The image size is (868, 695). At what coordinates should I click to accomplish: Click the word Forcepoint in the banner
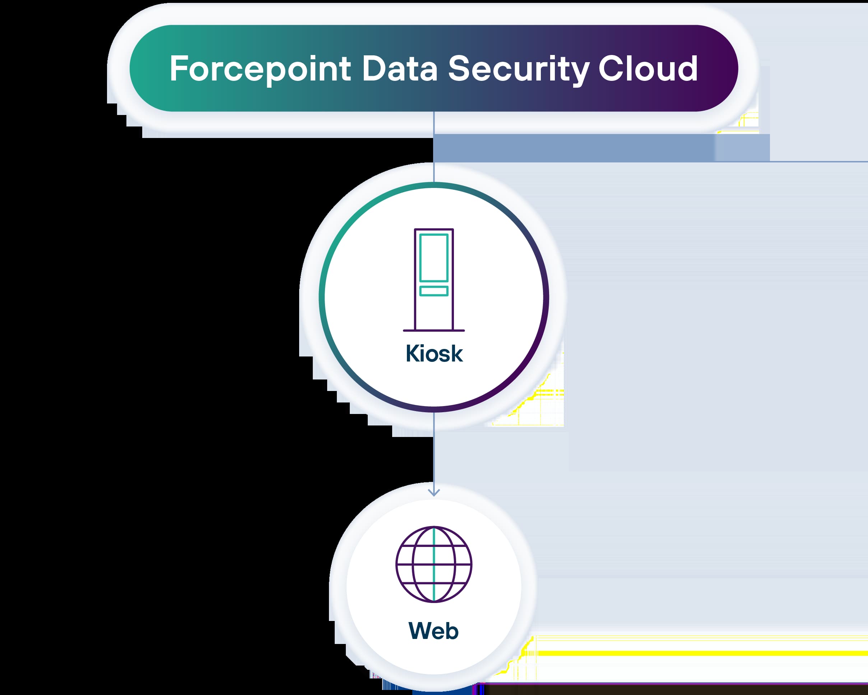(260, 69)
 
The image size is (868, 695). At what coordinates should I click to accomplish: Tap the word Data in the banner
(399, 69)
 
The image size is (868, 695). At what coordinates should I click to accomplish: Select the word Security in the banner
(519, 69)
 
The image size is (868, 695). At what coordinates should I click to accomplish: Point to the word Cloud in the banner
(648, 69)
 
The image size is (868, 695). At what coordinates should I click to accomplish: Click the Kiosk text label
(434, 354)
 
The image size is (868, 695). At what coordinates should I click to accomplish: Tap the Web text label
(433, 631)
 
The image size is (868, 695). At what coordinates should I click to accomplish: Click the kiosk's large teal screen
(433, 258)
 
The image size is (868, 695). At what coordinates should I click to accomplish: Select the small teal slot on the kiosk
(433, 291)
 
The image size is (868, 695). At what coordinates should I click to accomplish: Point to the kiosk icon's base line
(433, 330)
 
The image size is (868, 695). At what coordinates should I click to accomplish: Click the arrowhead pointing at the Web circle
(433, 492)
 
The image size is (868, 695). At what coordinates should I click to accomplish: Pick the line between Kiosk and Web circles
(433, 451)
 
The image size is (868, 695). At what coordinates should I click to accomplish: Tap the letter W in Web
(420, 631)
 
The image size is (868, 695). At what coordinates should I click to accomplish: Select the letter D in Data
(373, 69)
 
